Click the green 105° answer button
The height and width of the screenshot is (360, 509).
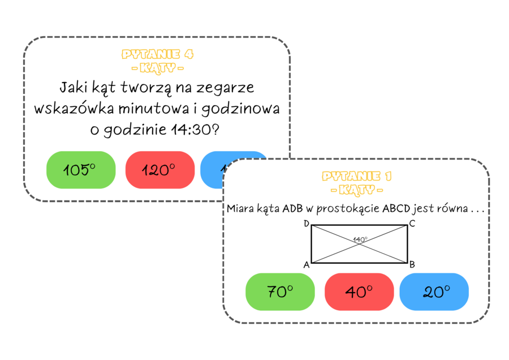81,170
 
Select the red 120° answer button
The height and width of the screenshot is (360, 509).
159,170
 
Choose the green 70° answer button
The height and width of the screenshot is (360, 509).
280,292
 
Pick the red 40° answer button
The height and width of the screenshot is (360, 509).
359,292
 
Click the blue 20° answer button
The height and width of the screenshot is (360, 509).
434,292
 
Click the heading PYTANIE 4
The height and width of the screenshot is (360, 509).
158,54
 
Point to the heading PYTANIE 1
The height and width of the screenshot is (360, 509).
356,176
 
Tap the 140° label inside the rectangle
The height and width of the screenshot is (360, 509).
360,239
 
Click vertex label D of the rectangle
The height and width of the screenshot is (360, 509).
306,224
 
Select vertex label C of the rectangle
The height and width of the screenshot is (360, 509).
412,224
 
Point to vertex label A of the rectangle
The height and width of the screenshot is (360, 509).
306,264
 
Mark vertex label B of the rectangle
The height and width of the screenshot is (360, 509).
412,264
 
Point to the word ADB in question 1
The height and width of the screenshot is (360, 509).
294,208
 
